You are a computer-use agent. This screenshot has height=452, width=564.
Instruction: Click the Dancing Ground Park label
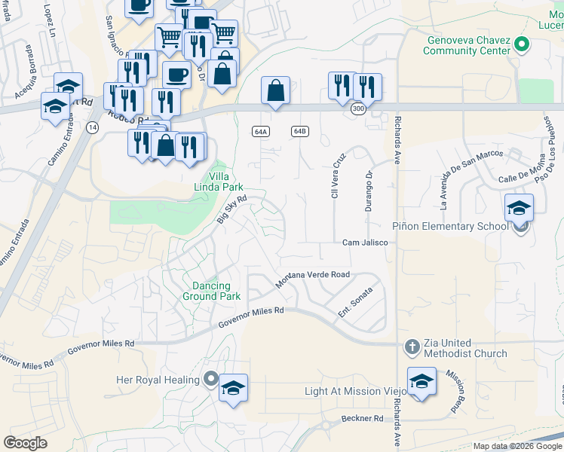point(211,291)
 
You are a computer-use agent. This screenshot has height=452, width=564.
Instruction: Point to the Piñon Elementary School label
point(453,227)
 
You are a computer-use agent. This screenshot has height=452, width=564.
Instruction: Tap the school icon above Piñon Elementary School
point(519,208)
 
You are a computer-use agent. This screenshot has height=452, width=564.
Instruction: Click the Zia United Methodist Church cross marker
point(412,347)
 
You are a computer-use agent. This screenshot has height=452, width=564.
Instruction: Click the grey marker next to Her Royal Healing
point(212,379)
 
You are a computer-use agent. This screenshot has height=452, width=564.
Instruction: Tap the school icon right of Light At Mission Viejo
point(421,382)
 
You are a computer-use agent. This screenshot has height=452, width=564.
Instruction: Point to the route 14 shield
point(92,128)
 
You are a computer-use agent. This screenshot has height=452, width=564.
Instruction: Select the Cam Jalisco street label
point(364,243)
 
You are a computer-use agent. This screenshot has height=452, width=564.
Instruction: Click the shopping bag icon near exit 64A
point(276,90)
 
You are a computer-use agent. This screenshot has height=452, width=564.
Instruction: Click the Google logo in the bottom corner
point(26,443)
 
